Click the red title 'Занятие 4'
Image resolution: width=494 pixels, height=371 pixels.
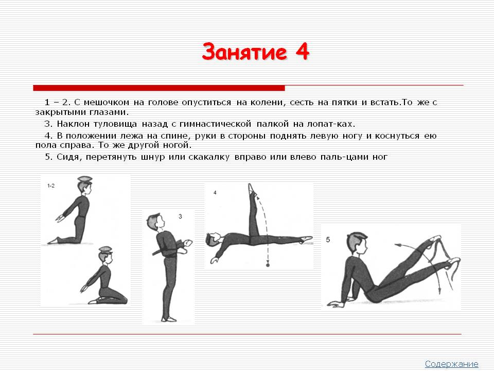click(256, 52)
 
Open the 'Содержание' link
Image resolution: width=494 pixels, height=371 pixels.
click(451, 364)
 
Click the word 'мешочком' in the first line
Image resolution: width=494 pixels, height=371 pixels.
click(107, 103)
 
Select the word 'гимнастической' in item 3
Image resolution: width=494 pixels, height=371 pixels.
click(215, 124)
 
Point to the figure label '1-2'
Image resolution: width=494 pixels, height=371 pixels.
click(51, 186)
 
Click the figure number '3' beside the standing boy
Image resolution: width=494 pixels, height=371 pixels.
click(180, 216)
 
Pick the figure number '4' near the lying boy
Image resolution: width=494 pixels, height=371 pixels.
click(215, 192)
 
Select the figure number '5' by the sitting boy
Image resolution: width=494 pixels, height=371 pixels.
click(328, 240)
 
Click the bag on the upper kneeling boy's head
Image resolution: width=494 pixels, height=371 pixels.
click(85, 179)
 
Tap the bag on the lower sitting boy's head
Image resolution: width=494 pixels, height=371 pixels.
click(105, 249)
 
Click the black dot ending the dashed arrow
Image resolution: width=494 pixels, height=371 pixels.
click(268, 265)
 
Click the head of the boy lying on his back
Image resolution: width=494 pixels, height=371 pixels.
click(213, 240)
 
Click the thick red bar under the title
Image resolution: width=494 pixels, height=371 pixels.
click(159, 88)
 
